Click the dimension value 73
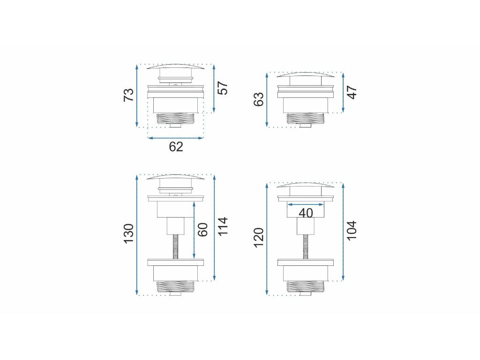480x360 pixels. [129, 95]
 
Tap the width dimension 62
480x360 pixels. [176, 147]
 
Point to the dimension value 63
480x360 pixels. [259, 99]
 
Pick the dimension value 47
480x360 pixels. [352, 92]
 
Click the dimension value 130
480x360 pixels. [129, 233]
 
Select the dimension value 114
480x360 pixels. [223, 226]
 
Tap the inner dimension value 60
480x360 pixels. [202, 230]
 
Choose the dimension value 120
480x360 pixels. [259, 238]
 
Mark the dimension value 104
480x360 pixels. [352, 230]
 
